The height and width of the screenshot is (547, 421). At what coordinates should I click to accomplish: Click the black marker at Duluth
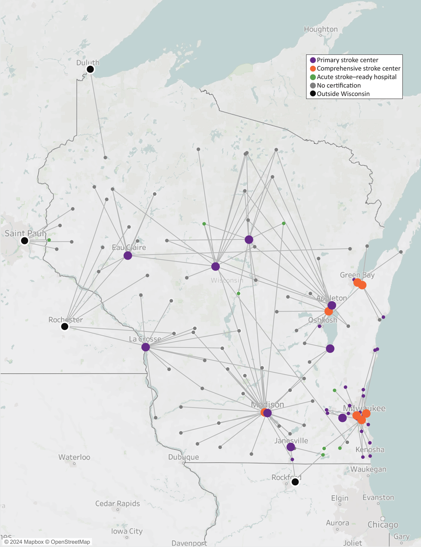90,69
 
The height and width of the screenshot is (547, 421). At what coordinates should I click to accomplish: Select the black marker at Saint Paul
24,241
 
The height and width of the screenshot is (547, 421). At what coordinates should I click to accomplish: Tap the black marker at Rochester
65,327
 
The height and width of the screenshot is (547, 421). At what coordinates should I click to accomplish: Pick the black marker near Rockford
295,482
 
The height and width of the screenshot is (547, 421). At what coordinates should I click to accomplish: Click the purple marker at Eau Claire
128,255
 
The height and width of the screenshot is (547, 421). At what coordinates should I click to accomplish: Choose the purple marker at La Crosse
146,347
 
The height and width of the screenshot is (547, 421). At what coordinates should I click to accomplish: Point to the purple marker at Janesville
290,447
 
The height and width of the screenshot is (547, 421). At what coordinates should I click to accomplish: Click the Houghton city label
321,29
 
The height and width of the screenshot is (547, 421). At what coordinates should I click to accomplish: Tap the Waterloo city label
74,457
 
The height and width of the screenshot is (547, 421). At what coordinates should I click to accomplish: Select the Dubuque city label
184,457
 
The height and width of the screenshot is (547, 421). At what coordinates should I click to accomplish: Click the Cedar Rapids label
117,504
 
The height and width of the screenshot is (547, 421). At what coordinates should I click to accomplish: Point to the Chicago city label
383,525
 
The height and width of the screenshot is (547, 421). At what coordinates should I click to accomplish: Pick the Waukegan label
368,469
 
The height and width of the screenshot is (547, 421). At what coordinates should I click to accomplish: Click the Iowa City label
127,531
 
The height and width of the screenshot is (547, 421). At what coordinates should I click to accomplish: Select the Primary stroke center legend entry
347,60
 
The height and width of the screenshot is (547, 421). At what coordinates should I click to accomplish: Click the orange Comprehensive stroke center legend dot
313,69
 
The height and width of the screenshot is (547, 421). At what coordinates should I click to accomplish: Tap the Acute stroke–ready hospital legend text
357,77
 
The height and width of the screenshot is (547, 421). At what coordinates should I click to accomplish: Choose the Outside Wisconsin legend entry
343,94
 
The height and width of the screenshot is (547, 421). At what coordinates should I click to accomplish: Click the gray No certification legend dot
313,86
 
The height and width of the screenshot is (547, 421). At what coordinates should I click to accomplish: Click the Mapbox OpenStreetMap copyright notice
47,542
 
